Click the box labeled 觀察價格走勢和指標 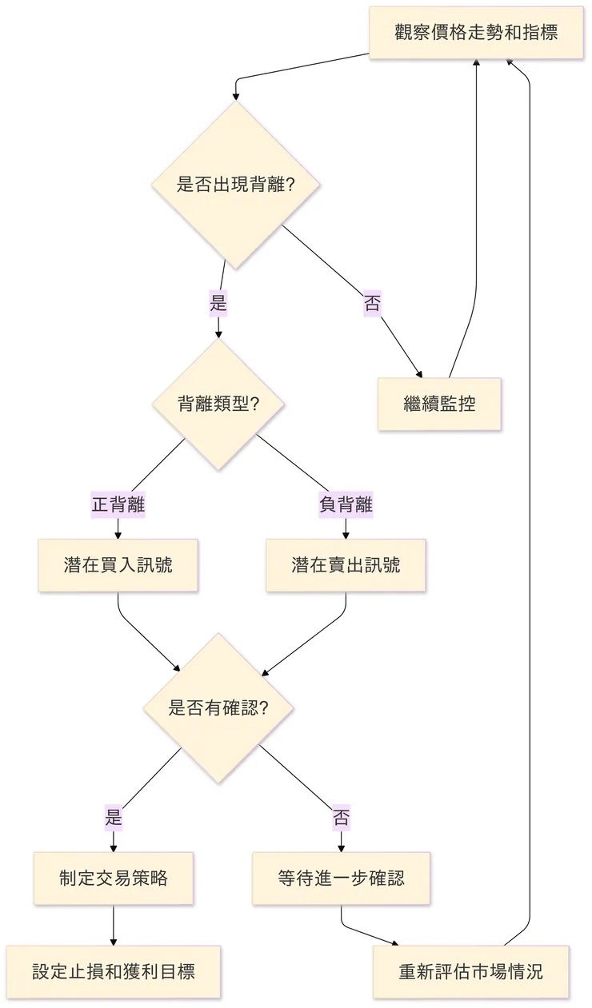point(476,33)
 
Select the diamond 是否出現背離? point(235,185)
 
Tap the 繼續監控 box point(439,404)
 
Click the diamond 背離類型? point(218,404)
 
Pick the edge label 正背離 point(118,505)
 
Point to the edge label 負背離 point(346,505)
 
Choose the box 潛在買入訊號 point(118,565)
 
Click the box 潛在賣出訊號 point(346,565)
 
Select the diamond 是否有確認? point(218,708)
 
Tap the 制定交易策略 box point(114,878)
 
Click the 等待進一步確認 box point(342,878)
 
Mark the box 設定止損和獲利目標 point(114,971)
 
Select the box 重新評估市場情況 point(470,971)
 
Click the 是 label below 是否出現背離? point(218,304)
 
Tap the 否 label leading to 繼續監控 point(372,304)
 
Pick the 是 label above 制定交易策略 point(114,818)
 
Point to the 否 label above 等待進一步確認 point(342,818)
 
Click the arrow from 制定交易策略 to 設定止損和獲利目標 point(114,925)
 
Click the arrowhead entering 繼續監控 point(418,373)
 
